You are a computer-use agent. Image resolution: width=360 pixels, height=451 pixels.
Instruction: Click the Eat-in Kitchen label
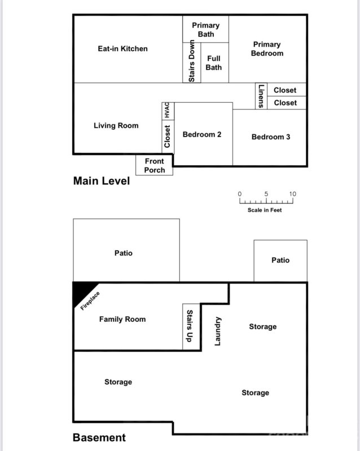coord(122,48)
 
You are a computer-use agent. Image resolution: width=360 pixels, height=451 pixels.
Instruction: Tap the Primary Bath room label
coord(205,29)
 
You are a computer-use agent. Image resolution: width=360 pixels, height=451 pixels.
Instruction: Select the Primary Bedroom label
coord(267,48)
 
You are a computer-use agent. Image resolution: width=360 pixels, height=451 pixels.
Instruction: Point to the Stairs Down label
coord(192,61)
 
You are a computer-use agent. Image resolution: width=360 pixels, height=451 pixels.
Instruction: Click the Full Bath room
coord(214,63)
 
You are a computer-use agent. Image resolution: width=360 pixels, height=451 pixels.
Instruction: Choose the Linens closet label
coord(261,96)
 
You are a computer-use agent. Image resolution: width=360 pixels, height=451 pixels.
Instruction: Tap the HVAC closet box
coord(167,110)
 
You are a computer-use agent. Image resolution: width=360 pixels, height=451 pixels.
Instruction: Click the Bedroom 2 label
coord(202,134)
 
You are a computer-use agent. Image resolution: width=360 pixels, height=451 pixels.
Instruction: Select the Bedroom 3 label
coord(271,137)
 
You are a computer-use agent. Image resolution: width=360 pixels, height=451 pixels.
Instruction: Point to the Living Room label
coord(116,125)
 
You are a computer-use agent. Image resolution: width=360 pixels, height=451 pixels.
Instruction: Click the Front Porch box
coord(154,165)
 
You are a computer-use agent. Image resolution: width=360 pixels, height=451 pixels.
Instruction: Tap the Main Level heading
coord(102,181)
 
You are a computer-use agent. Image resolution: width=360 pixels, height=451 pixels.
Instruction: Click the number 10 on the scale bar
coord(292,194)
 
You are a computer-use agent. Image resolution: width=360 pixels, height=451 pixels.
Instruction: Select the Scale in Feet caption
coord(265,210)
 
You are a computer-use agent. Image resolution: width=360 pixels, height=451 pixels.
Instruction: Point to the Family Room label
coord(122,319)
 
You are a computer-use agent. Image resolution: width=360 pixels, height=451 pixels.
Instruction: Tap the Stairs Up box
coord(190,326)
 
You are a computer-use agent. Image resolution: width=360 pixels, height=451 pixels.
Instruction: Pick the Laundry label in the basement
coord(218,330)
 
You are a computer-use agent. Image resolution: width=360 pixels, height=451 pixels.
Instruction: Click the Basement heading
coord(99,437)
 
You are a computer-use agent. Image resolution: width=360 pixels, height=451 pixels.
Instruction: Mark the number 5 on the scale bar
coord(266,194)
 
